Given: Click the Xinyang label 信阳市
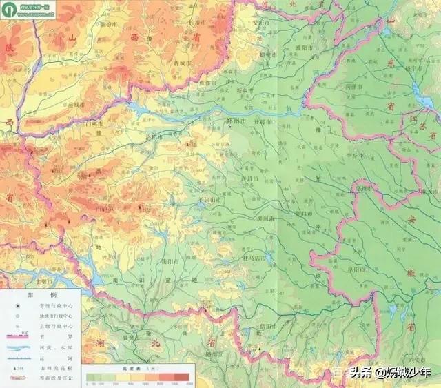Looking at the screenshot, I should point(267,326).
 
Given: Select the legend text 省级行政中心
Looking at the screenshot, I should point(61,304).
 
